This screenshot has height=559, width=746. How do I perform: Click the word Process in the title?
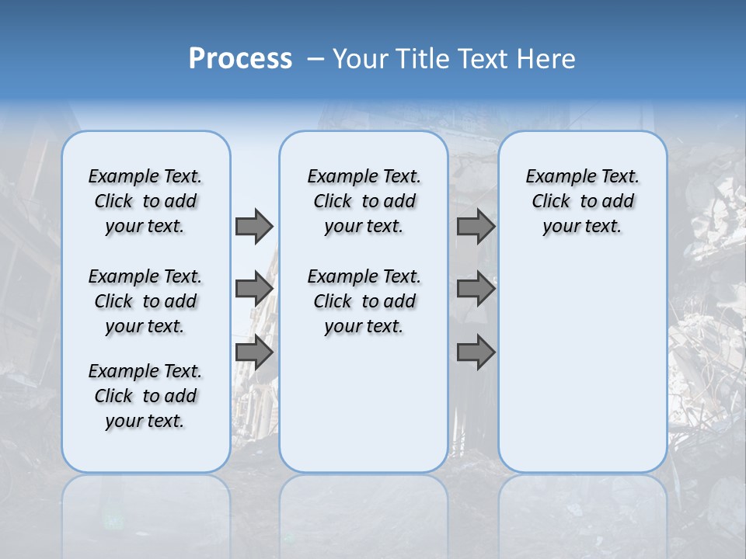click(240, 58)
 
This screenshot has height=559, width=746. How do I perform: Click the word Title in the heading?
click(426, 59)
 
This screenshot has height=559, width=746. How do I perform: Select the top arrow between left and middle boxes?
click(253, 226)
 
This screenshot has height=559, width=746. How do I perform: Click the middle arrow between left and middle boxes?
click(253, 289)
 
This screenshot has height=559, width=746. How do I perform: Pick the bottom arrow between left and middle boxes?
click(253, 352)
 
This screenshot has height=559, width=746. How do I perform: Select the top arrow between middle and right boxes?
click(476, 226)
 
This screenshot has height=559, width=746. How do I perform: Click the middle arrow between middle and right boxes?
click(476, 289)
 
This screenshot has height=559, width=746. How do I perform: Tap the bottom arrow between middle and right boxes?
click(476, 352)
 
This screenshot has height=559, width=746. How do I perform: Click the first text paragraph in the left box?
click(145, 201)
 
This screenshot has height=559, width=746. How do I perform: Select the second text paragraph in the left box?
click(145, 301)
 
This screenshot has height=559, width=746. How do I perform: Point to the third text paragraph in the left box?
click(145, 396)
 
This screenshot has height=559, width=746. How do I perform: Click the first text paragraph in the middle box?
click(364, 201)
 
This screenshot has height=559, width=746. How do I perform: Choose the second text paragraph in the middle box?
click(364, 301)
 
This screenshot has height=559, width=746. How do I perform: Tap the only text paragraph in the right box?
click(582, 201)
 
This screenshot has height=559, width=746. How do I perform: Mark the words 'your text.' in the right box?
click(582, 227)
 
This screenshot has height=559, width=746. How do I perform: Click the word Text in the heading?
click(483, 59)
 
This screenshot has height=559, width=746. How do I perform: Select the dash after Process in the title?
click(315, 59)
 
